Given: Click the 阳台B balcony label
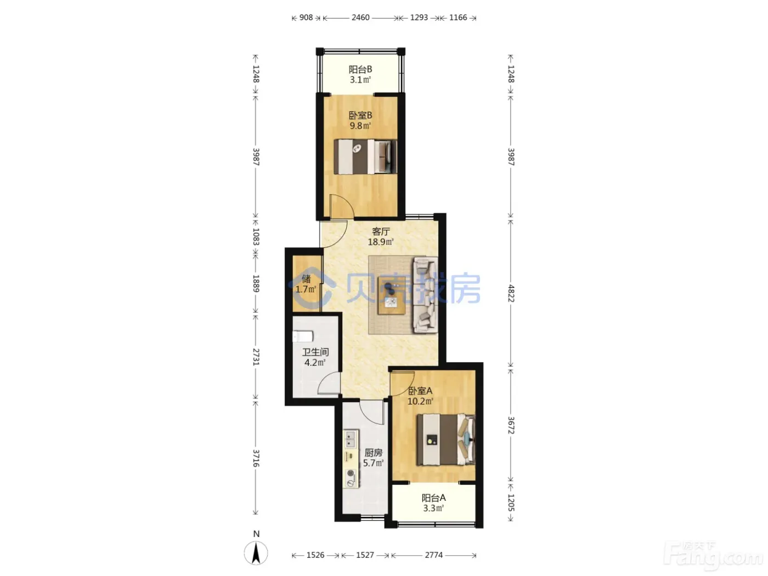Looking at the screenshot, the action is [x=360, y=70].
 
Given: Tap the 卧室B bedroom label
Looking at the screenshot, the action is [x=360, y=115].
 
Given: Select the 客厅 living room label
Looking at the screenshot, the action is [x=381, y=231].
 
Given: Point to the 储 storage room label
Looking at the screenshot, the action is [x=306, y=278].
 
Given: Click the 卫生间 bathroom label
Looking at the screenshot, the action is [x=315, y=352].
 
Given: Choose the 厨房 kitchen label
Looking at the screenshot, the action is [x=374, y=453].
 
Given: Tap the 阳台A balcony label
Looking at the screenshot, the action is [x=433, y=498].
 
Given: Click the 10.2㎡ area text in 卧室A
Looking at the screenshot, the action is [x=420, y=401].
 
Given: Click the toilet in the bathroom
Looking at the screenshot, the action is [x=303, y=336].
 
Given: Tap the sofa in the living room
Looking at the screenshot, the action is [x=426, y=295].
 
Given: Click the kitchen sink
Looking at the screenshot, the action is [x=350, y=439].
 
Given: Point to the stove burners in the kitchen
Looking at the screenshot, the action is [x=351, y=478].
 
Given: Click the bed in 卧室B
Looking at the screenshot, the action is [x=365, y=157].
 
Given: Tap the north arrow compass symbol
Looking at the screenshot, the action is [x=256, y=552].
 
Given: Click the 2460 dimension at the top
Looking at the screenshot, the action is [x=360, y=18].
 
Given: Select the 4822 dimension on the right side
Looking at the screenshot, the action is [x=511, y=293].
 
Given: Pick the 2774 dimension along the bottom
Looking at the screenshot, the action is [x=434, y=555].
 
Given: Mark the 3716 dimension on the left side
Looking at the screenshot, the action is [x=256, y=458].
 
